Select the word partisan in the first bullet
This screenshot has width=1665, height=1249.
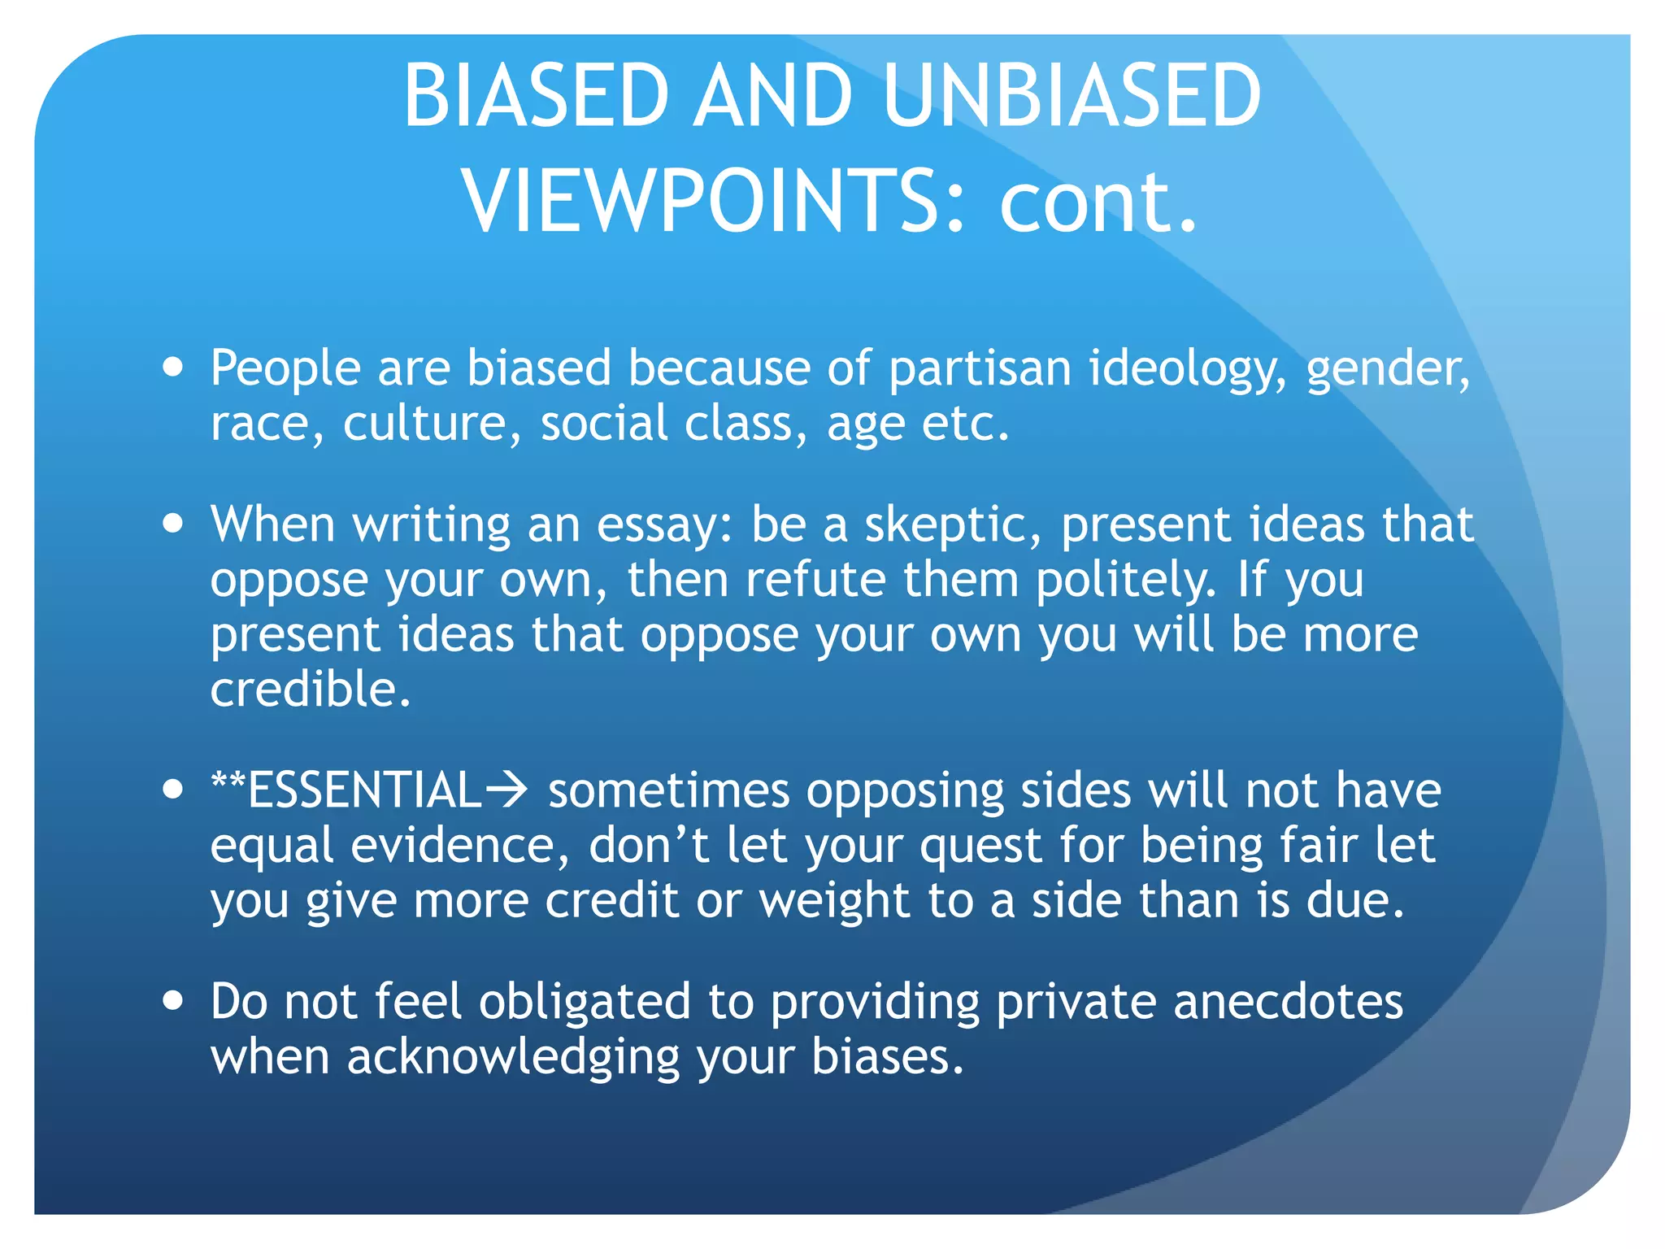[980, 368]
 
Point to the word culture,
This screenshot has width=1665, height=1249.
[432, 424]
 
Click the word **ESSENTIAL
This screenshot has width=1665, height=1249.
[346, 790]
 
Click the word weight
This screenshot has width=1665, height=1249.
[834, 902]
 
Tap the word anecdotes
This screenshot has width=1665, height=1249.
[1288, 1001]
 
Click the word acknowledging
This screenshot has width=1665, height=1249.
[513, 1058]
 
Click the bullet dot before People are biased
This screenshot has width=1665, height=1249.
[172, 367]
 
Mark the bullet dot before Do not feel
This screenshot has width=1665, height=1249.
[172, 1000]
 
